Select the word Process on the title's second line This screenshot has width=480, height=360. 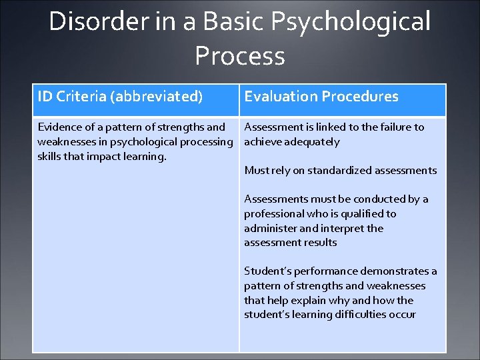coord(240,56)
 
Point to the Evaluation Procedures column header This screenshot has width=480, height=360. coord(321,97)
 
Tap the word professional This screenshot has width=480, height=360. coord(273,213)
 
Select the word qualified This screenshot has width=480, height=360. coord(361,213)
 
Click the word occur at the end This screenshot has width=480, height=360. coord(403,315)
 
